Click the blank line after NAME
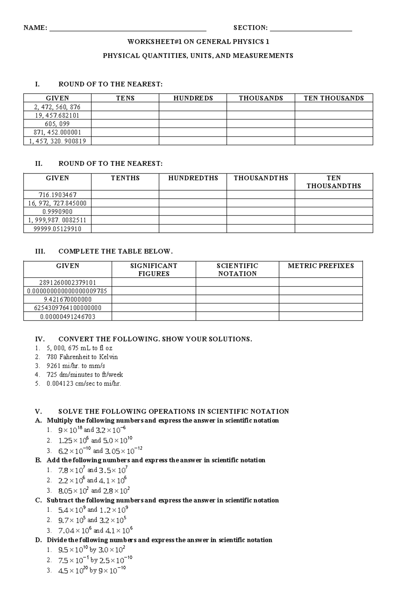click(x=128, y=29)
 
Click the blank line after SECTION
click(x=311, y=29)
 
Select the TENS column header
click(x=125, y=98)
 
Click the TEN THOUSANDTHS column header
click(x=333, y=182)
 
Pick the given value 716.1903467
click(x=57, y=195)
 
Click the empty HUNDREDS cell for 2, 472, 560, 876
click(x=193, y=107)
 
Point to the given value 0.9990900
click(x=57, y=212)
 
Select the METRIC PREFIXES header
click(x=321, y=266)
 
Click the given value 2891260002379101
click(x=67, y=282)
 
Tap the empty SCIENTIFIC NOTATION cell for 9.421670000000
click(x=237, y=299)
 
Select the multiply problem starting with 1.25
click(x=95, y=440)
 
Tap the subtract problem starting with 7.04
click(x=95, y=531)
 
